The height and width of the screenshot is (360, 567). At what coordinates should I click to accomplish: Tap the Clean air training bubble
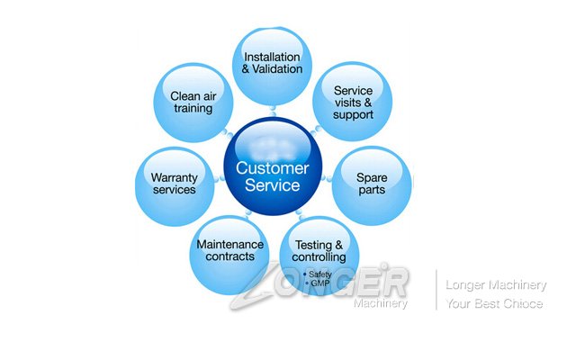(192, 101)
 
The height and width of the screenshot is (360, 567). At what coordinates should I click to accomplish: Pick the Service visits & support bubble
(352, 101)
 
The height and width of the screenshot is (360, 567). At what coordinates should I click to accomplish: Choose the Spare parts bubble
(372, 184)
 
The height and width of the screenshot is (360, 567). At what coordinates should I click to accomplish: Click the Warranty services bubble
(174, 184)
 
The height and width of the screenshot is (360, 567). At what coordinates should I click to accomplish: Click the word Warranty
(174, 177)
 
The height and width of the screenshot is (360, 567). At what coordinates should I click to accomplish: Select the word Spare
(372, 177)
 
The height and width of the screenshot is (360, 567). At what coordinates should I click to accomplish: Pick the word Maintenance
(229, 244)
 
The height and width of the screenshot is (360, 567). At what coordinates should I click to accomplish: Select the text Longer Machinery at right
(496, 285)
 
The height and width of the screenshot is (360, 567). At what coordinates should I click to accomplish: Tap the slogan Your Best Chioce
(494, 304)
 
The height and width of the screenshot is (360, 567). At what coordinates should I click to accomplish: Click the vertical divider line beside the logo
(436, 290)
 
